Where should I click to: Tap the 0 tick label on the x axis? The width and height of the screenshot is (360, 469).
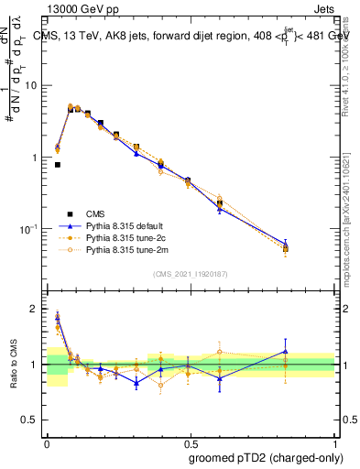[x=47, y=442]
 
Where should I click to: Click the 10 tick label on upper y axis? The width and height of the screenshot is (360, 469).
[x=32, y=86]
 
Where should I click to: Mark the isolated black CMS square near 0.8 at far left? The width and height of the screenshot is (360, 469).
[x=58, y=165]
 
